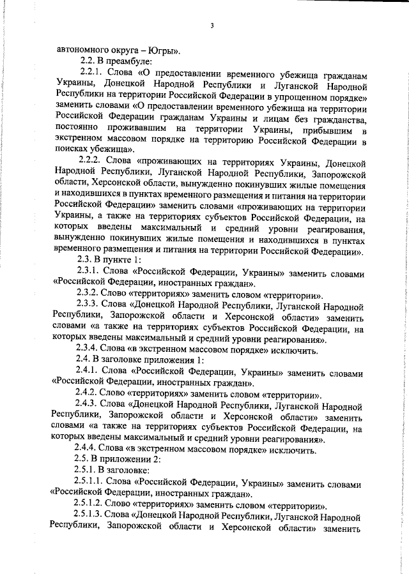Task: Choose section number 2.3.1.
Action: point(89,270)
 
